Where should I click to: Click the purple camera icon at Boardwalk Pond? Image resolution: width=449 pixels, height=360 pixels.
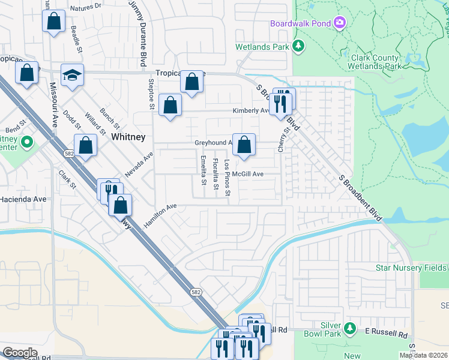340,23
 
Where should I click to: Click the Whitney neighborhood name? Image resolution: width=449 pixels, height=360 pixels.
128,137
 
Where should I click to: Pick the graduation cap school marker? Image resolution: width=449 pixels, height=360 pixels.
72,76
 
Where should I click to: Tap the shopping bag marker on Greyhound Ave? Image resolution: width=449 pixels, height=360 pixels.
244,145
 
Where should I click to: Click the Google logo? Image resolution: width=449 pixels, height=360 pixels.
20,353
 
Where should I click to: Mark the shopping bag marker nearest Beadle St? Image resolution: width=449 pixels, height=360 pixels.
53,22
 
